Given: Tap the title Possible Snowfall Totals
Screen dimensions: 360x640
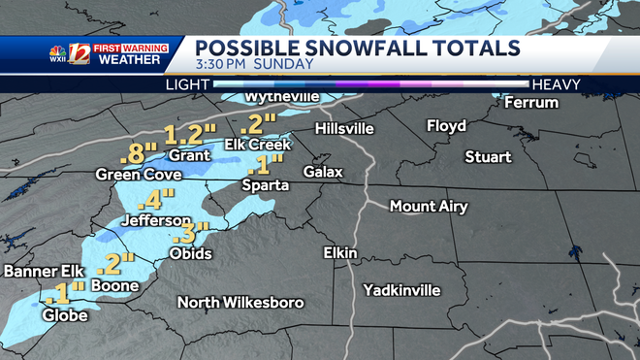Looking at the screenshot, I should coord(358,49).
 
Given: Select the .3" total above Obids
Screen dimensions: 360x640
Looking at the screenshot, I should coord(184,233).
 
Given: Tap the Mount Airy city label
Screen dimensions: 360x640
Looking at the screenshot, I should coord(429,207).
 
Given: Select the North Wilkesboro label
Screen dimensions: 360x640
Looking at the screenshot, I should coord(240,303).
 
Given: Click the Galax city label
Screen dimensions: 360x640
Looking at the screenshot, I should coord(323,171).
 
